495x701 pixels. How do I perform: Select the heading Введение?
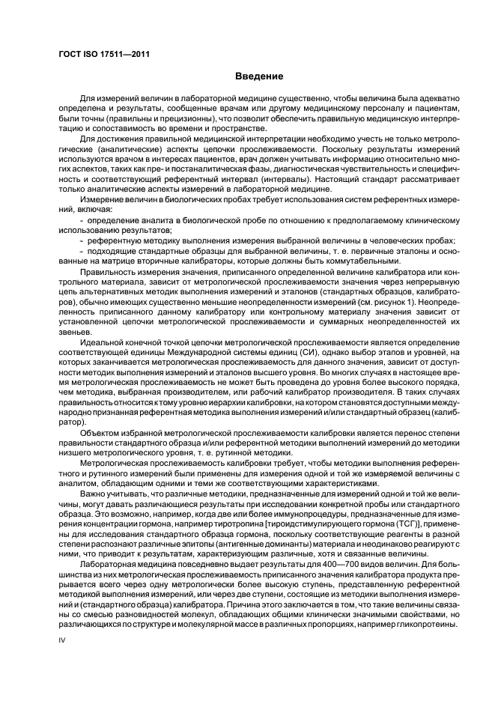pyautogui.click(x=258, y=76)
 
